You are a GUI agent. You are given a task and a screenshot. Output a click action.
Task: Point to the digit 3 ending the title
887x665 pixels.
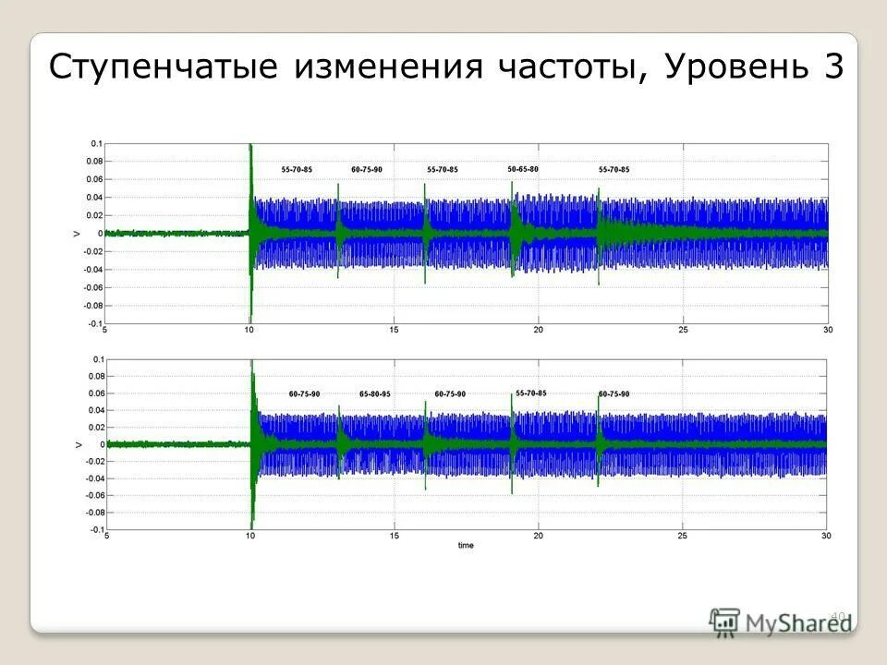[830, 66]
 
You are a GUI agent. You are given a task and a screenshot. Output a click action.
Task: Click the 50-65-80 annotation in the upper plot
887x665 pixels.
[523, 169]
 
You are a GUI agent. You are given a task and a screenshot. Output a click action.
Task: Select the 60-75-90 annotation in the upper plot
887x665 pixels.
[367, 170]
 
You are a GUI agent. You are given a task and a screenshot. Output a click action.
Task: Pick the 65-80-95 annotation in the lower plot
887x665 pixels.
[375, 394]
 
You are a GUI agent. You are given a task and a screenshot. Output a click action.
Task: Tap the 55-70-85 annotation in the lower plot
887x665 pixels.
[531, 393]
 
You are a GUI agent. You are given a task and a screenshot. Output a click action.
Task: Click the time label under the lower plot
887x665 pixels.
[466, 546]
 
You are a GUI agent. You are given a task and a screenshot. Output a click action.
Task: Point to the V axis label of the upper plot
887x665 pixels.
[77, 234]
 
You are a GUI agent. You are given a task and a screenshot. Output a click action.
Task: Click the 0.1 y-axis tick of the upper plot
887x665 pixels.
[96, 144]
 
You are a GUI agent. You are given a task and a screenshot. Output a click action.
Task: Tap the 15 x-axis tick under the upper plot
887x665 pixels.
[394, 331]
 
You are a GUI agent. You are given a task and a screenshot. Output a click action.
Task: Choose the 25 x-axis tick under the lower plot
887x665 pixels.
[683, 537]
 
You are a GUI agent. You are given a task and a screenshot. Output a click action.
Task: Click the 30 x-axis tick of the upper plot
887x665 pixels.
[827, 331]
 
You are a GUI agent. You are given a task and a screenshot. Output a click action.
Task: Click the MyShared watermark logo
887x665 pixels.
[781, 621]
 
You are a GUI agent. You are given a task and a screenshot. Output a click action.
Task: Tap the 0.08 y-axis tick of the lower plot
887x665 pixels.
[95, 375]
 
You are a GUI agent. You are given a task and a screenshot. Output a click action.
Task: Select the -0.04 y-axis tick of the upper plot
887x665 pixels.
[94, 270]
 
